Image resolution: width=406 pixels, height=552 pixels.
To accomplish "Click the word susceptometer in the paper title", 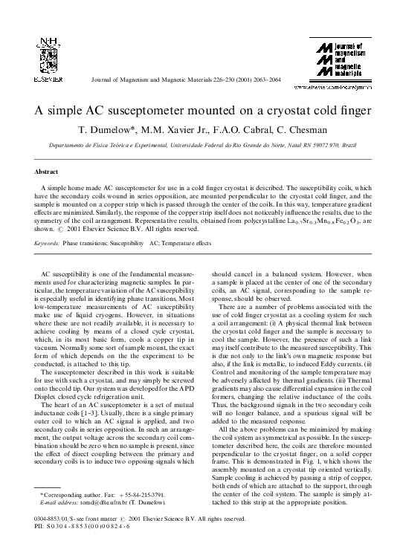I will click(149, 111).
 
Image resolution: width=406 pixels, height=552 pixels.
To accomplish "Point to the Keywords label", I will click(47, 243).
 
